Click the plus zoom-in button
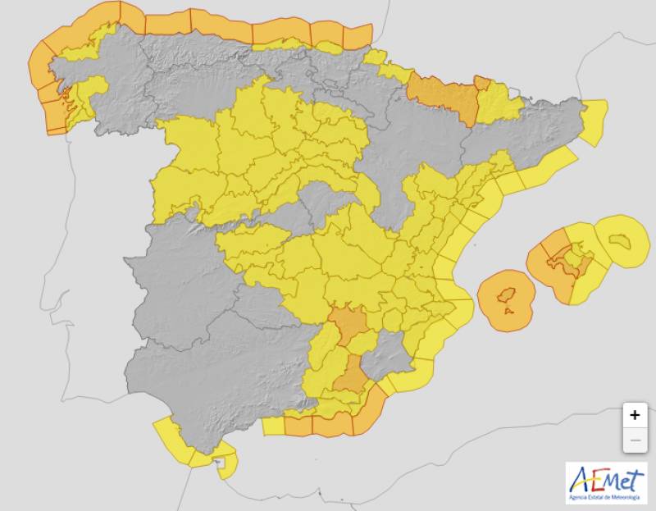[x=634, y=415]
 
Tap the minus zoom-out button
[x=634, y=440]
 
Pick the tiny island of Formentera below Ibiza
[x=509, y=312]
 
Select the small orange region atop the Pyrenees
[x=482, y=82]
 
